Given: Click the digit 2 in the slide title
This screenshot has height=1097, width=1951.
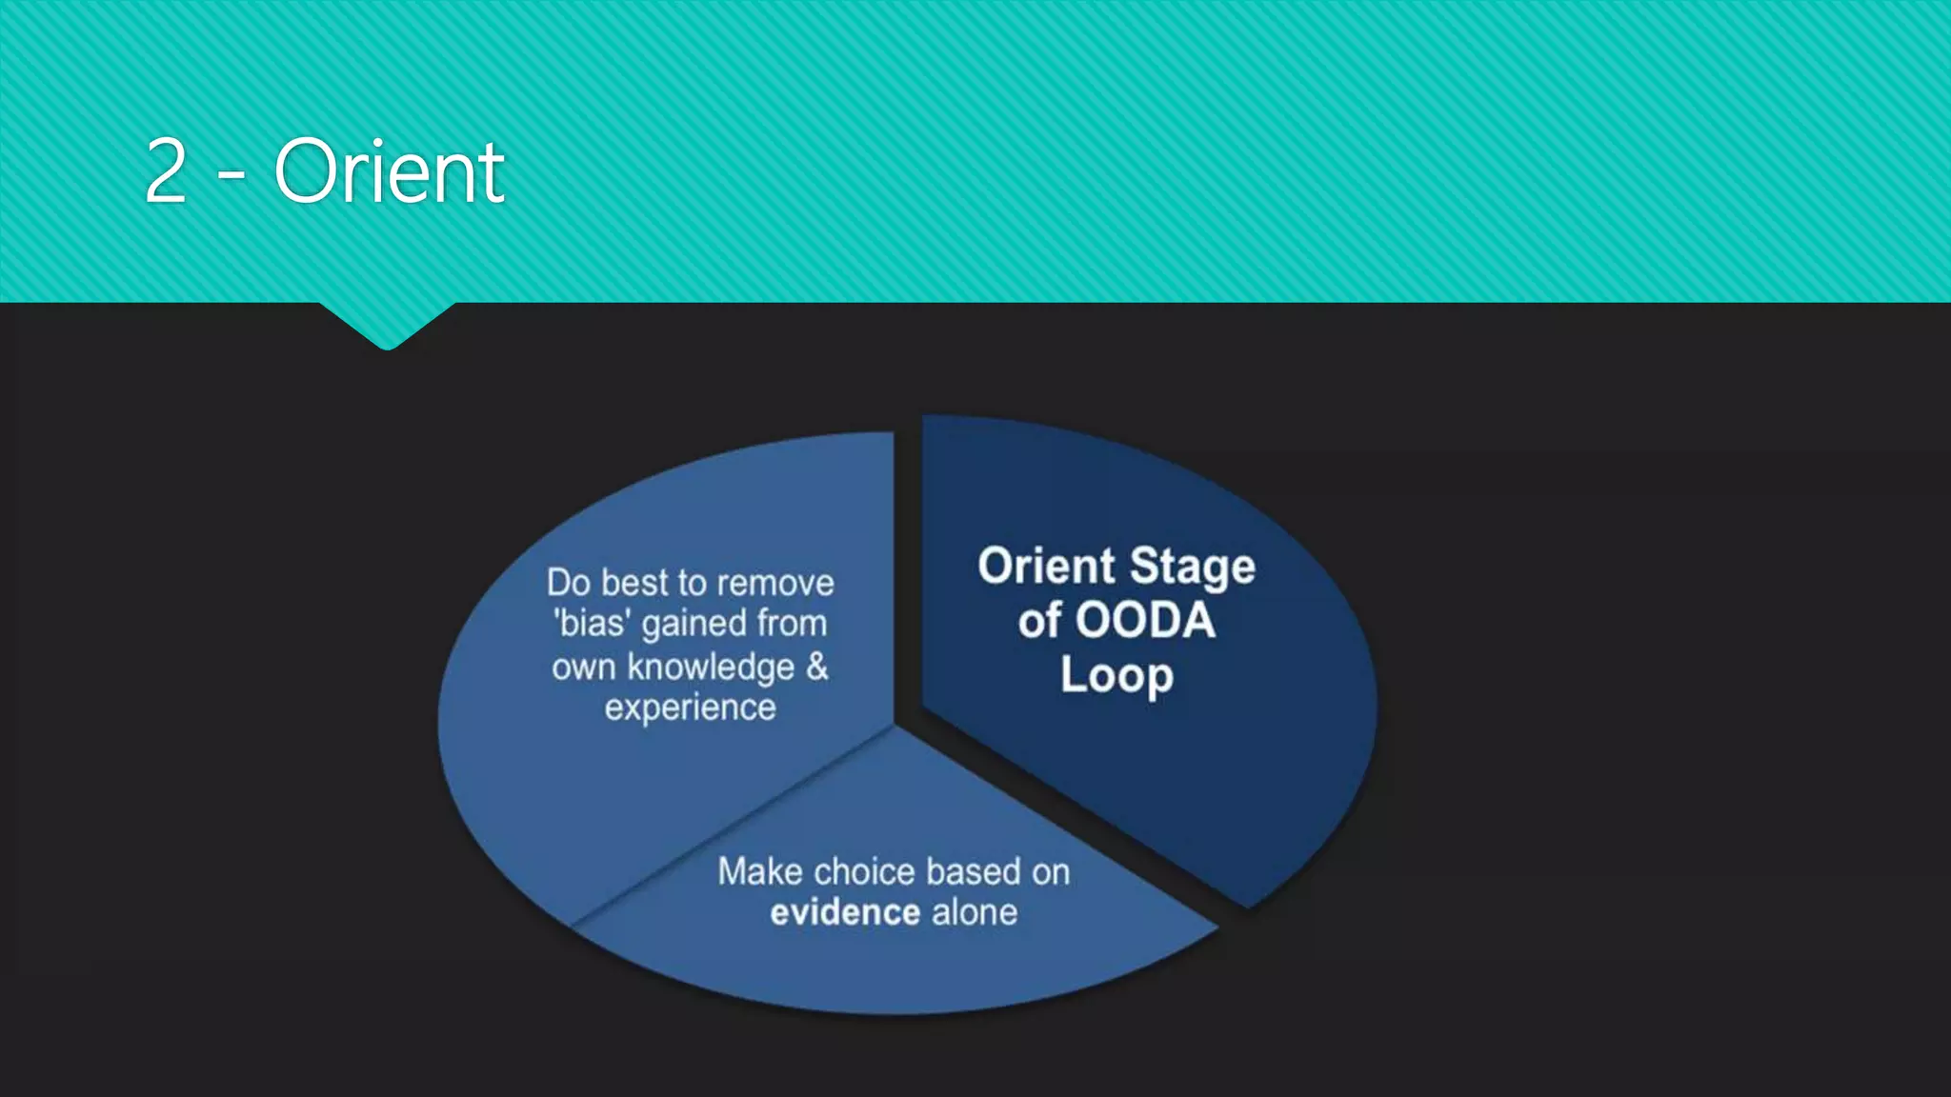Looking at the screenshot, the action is pos(166,171).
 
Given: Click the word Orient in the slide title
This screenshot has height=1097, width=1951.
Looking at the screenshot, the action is pos(389,171).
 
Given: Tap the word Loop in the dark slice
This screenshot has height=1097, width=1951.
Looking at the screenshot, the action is pos(1116,676).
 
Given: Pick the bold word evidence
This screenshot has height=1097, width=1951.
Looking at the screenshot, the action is pos(845,913).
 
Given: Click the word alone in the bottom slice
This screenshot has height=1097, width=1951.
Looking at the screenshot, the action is pos(975,913).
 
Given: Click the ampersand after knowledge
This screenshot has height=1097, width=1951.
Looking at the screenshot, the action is pos(817,667).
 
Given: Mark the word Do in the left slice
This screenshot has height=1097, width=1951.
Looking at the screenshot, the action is pos(569,583).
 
